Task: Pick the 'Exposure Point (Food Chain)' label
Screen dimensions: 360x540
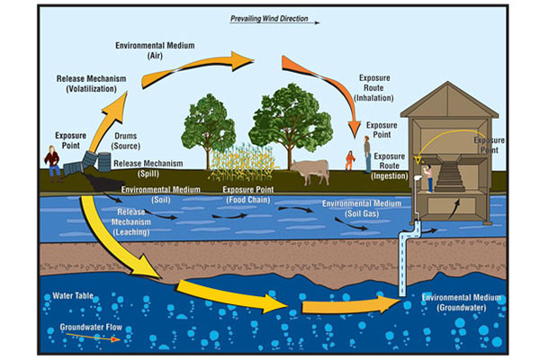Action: [249, 194]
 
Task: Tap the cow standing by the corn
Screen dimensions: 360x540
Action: [309, 168]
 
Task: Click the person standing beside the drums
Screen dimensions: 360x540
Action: [53, 165]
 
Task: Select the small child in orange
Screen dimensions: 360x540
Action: [349, 160]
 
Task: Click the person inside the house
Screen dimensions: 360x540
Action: [430, 178]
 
